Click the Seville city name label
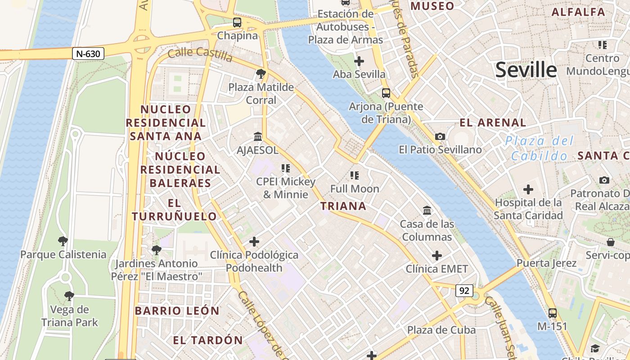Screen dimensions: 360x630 point(526,70)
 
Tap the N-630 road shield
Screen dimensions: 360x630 point(88,54)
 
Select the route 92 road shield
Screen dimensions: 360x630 point(464,291)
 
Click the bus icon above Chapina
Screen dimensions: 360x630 point(237,22)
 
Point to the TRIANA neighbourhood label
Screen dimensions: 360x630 point(343,206)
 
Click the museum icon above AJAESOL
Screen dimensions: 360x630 point(258,136)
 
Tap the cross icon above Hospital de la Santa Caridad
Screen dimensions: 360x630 point(528,189)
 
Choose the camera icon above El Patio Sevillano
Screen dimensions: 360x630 point(440,136)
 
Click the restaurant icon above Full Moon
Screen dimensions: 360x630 point(355,175)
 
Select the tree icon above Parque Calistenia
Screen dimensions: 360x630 point(63,241)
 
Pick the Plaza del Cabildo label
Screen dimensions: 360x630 point(539,148)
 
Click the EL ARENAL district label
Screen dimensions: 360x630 point(493,122)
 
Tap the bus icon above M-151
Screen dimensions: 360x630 point(552,313)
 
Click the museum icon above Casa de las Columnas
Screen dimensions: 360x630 point(427,210)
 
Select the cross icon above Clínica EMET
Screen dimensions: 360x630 point(437,256)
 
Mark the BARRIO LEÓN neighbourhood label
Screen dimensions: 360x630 point(177,310)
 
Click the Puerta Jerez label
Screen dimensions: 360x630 point(546,263)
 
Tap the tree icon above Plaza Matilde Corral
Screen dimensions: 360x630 point(261,74)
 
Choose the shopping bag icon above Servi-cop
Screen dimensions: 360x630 point(611,242)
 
